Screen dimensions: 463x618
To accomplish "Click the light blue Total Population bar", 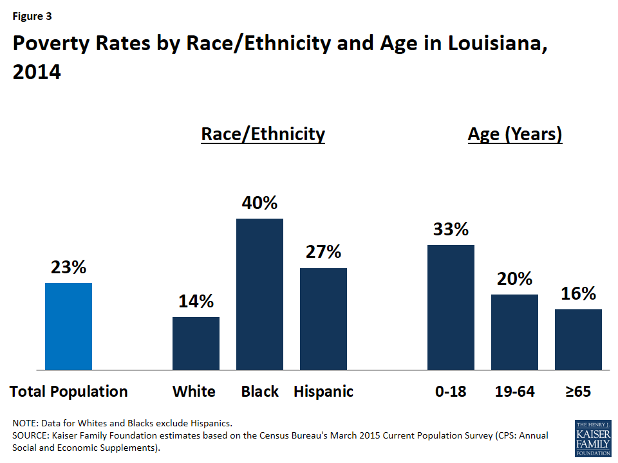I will point(68,326).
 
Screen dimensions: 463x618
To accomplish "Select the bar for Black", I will point(259,294).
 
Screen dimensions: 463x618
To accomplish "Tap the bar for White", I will point(196,343).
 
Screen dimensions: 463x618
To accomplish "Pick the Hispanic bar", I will point(323,319).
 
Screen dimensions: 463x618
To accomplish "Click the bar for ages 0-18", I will point(451,307).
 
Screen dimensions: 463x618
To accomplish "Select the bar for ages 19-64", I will point(514,332).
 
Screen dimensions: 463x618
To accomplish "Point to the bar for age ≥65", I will point(578,340).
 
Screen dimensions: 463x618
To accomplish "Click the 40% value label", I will point(259,203).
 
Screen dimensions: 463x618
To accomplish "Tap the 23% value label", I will point(68,268).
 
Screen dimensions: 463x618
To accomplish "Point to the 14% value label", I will point(196,302).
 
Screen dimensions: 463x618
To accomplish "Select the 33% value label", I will point(451,230).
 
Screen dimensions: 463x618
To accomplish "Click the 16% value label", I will point(578,294).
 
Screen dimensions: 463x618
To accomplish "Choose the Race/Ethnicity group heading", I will point(263,134).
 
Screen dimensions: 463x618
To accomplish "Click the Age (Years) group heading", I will point(514,134).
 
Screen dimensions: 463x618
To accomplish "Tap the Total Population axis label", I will point(68,392).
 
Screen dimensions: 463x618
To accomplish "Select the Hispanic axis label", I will point(323,392).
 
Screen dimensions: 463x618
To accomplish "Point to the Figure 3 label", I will point(32,16).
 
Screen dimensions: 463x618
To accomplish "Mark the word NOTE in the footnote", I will point(25,424).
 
